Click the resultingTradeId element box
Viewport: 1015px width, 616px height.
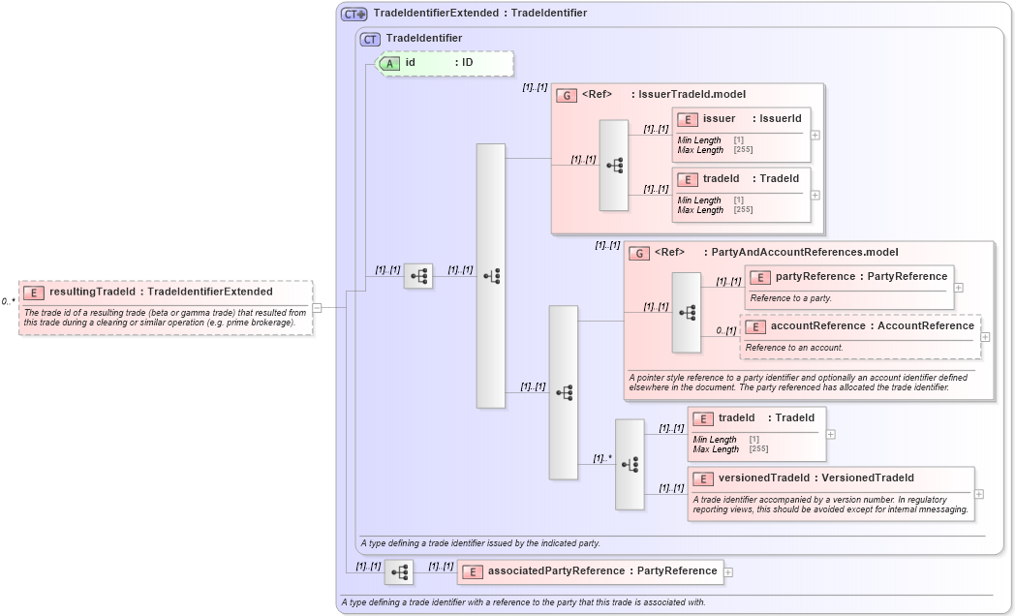(x=165, y=307)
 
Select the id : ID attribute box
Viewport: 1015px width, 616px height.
(x=446, y=63)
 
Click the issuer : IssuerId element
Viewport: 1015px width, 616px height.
(x=741, y=134)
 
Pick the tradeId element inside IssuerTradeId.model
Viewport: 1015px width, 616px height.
(x=741, y=194)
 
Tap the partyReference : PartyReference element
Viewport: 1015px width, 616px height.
(x=848, y=287)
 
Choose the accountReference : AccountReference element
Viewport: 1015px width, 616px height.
(x=860, y=336)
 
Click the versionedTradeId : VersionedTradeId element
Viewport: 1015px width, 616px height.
(x=830, y=493)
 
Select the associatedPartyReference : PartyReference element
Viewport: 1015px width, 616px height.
(x=591, y=571)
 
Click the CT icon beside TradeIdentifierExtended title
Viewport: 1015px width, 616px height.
(x=354, y=14)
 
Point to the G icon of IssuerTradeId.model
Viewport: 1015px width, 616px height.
(x=567, y=95)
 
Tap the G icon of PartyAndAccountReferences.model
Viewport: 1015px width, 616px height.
(x=639, y=253)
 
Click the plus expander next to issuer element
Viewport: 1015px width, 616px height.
(x=815, y=135)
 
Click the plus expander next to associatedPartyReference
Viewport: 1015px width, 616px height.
(x=728, y=572)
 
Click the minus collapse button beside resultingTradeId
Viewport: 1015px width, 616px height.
(x=317, y=308)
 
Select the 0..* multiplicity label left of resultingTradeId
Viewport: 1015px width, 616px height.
(x=9, y=301)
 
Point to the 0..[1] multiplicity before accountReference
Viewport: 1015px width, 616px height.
(x=725, y=330)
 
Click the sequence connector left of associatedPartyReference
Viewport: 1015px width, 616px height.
(x=399, y=572)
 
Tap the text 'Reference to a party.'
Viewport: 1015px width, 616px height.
(x=790, y=298)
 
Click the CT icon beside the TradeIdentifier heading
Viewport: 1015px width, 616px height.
(x=370, y=39)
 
